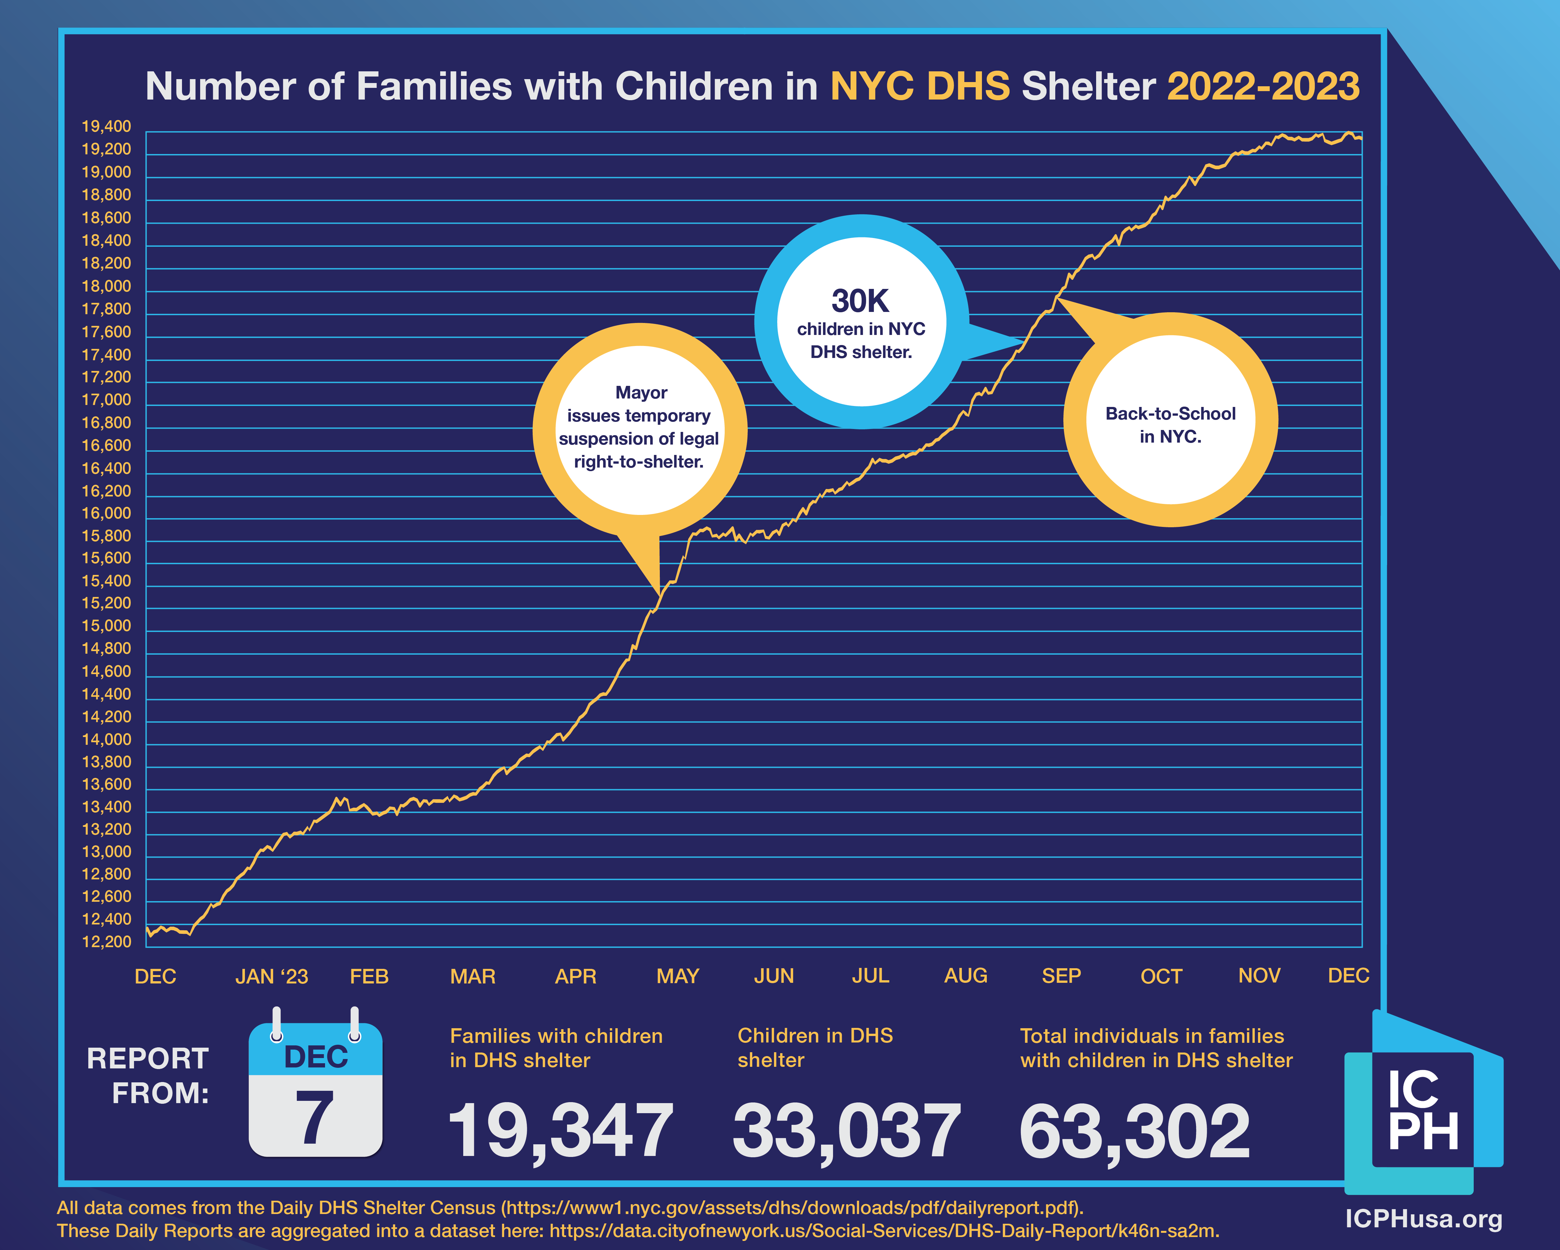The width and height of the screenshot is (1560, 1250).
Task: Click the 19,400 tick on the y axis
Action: tap(106, 126)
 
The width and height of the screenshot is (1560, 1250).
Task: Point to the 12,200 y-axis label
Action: tap(106, 942)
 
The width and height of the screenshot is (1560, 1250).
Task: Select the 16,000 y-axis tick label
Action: tap(106, 514)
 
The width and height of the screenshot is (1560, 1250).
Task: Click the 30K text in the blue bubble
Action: tap(860, 301)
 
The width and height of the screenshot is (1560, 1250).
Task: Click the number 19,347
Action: tap(561, 1131)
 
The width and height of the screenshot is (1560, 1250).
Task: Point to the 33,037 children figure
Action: tap(847, 1131)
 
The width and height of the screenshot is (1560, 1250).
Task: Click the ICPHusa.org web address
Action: tap(1423, 1219)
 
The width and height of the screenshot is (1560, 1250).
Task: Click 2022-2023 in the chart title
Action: tap(1263, 87)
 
